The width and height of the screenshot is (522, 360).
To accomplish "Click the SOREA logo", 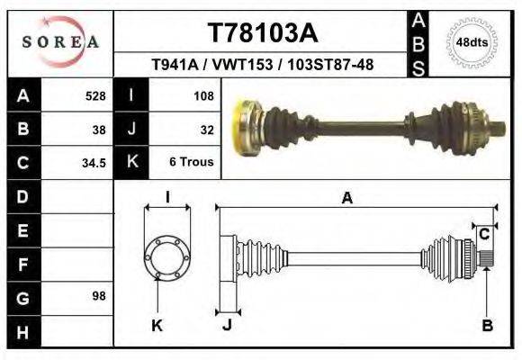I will (x=60, y=42).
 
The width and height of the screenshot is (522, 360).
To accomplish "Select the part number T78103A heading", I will (x=263, y=33).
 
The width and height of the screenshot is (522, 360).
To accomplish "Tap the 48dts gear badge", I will (x=472, y=42).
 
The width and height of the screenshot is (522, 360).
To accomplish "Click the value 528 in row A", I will (x=94, y=96).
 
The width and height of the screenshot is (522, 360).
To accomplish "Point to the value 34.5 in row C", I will (x=94, y=163).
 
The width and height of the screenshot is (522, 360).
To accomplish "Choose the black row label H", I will (x=22, y=332).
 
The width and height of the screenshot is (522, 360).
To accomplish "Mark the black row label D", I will (x=22, y=196).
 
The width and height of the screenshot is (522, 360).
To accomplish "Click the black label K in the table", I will (x=132, y=163).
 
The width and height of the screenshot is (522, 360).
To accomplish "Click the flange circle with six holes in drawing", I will (x=167, y=256).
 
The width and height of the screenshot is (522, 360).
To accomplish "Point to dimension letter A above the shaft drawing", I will (x=346, y=199).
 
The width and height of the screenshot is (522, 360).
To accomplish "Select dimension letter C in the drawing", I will (x=484, y=234).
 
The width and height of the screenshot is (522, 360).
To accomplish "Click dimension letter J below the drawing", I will (x=227, y=325).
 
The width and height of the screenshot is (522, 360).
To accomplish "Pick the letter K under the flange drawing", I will (x=157, y=325).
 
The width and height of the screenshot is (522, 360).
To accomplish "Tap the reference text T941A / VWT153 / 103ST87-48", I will (x=263, y=66).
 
